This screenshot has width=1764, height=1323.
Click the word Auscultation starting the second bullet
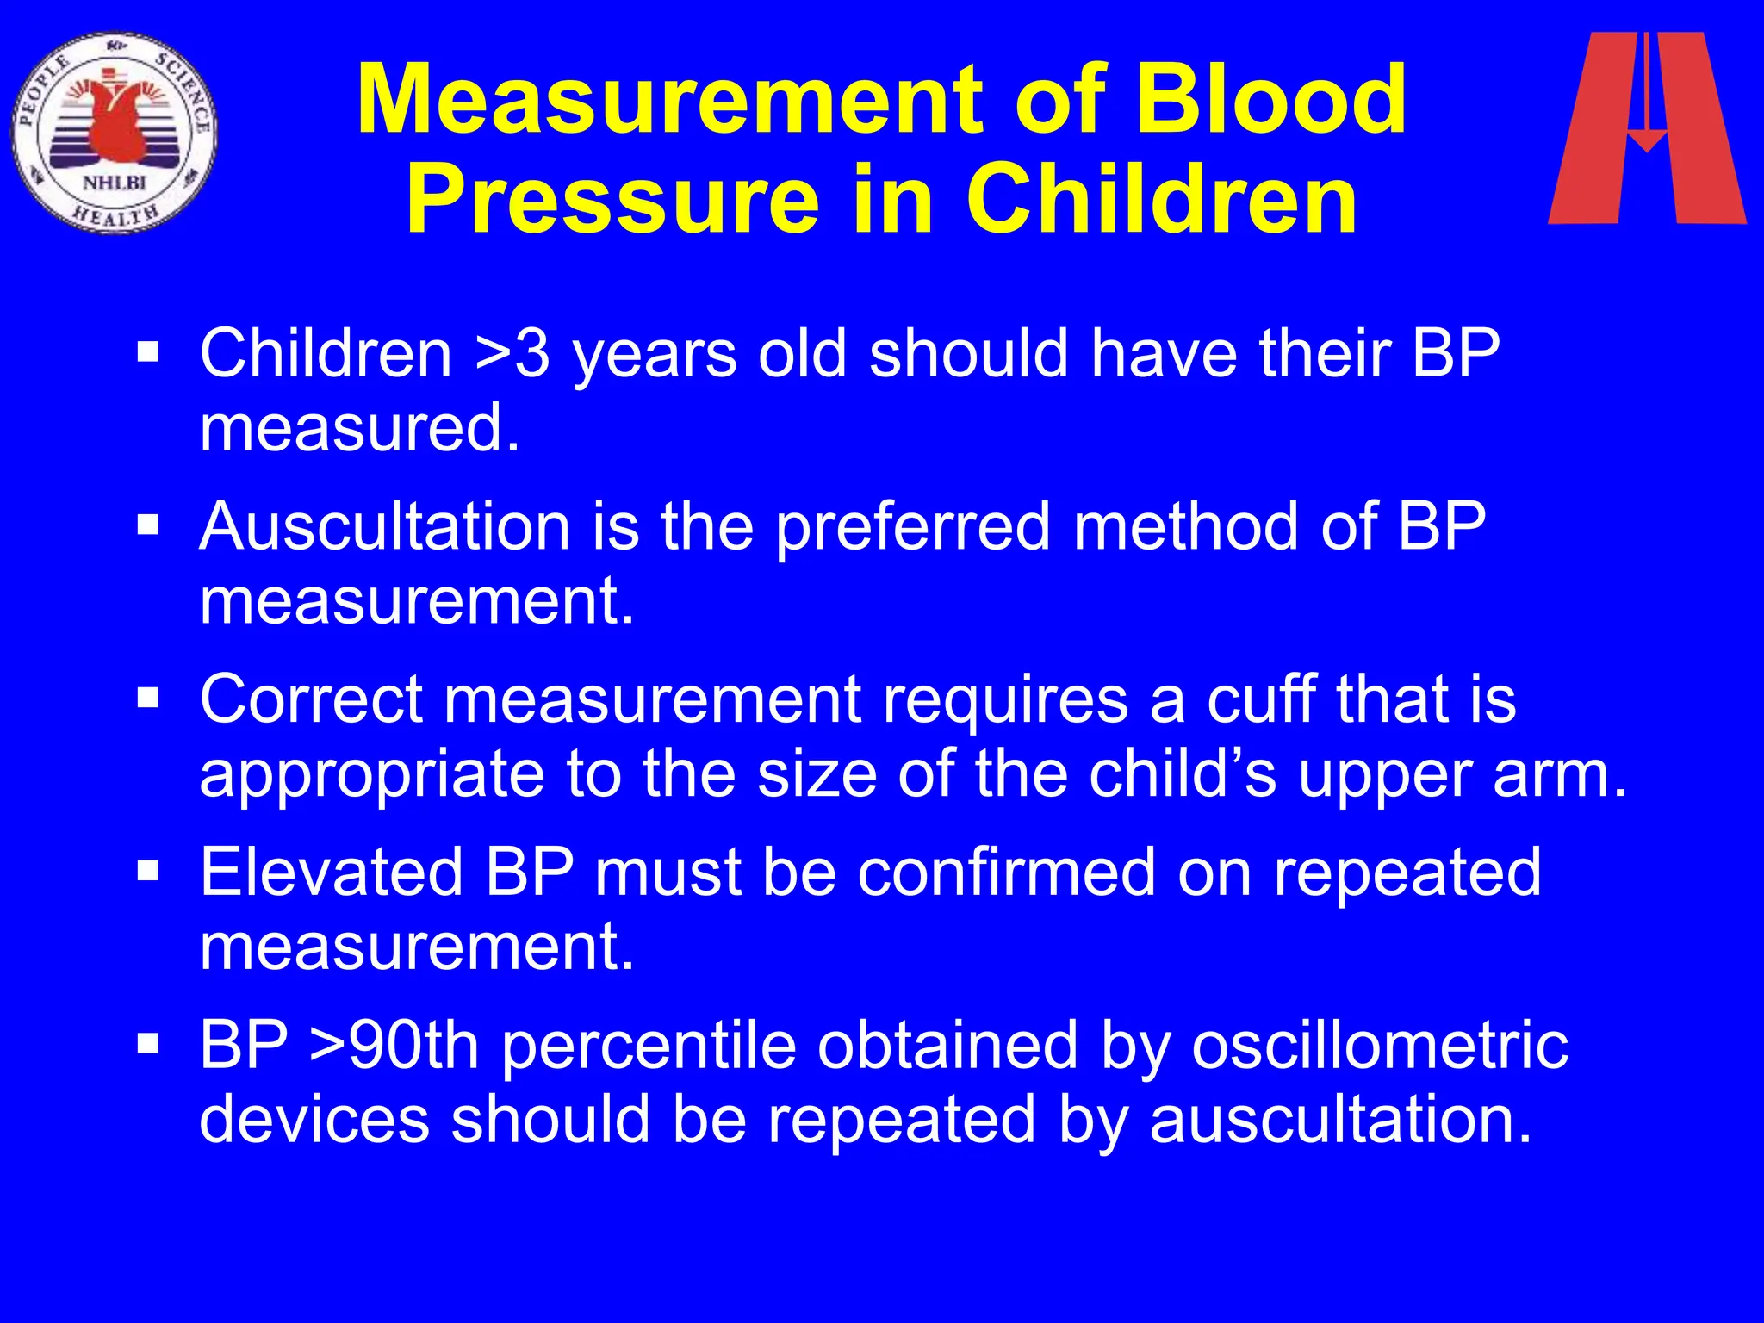[385, 526]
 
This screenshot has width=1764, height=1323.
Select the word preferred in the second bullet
[913, 526]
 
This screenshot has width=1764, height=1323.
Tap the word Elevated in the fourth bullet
[332, 872]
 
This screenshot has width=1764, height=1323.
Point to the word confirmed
[1007, 872]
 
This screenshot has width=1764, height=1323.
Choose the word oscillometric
[1380, 1045]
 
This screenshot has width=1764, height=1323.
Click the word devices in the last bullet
[314, 1119]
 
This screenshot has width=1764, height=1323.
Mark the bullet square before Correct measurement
[148, 696]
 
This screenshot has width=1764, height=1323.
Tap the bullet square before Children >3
[148, 351]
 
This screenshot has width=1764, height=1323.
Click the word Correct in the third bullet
[311, 699]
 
